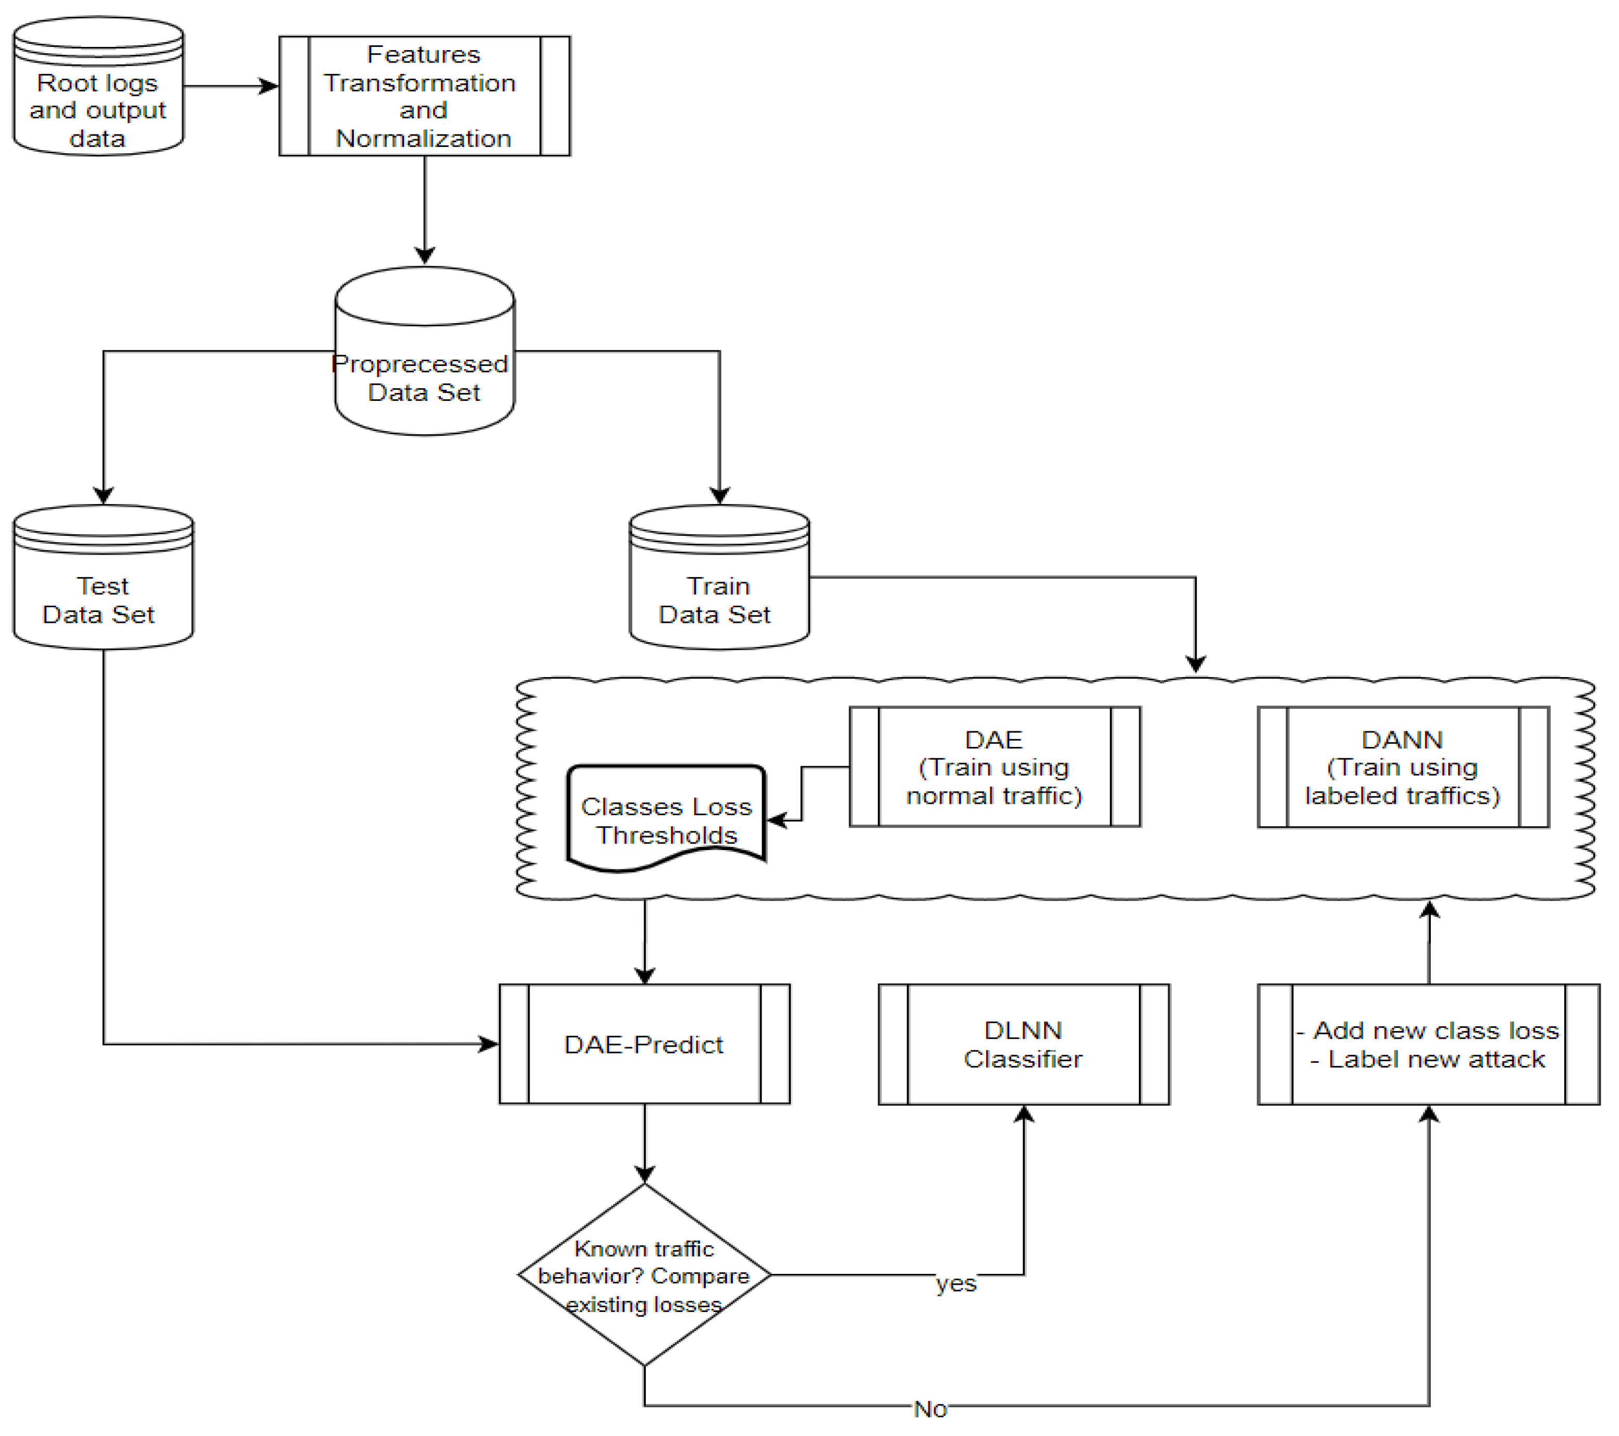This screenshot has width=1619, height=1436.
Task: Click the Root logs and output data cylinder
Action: (x=98, y=87)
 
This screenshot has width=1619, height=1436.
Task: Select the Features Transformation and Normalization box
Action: (x=424, y=96)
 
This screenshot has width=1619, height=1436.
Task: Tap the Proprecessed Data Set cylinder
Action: (x=424, y=352)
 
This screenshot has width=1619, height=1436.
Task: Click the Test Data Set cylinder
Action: (x=103, y=578)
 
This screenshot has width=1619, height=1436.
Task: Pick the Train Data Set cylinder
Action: (x=719, y=578)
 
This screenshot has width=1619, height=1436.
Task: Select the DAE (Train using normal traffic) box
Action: (x=995, y=767)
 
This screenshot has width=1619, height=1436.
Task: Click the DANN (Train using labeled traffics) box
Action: (x=1403, y=767)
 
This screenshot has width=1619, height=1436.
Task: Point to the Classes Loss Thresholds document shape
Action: (x=666, y=816)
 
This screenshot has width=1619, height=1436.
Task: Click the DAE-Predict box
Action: (x=644, y=1044)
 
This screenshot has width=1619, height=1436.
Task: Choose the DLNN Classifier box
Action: (x=1023, y=1044)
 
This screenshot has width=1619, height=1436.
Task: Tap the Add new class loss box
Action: (x=1428, y=1044)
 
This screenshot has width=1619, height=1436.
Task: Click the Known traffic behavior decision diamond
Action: (x=644, y=1275)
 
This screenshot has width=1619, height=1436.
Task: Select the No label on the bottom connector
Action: (x=930, y=1409)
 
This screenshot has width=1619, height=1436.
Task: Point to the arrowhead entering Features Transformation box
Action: (x=270, y=85)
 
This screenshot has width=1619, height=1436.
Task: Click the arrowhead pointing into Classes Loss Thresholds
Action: (x=776, y=820)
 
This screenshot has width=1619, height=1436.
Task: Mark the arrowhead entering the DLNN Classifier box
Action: (x=1024, y=1114)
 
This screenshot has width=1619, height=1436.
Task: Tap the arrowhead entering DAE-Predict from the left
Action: (x=489, y=1044)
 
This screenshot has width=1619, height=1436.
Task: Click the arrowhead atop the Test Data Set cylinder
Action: (x=103, y=496)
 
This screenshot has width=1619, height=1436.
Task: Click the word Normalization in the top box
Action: (x=424, y=139)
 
